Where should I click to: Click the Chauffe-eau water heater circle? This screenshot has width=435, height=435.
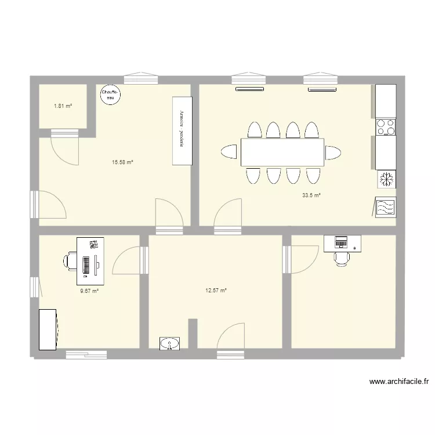[x=110, y=95]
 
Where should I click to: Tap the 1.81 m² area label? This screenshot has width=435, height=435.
[x=63, y=106]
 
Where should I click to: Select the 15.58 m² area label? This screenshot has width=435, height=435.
[x=122, y=162]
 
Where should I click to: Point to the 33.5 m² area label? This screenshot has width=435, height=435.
[x=311, y=195]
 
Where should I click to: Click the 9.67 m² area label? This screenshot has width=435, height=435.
[x=89, y=291]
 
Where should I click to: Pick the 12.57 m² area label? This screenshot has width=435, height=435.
[x=216, y=291]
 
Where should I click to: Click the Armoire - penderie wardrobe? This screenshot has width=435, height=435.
[x=182, y=131]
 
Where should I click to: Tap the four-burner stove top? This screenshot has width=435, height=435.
[x=386, y=127]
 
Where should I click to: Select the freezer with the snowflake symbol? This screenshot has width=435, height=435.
[x=386, y=179]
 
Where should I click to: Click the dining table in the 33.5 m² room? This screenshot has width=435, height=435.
[x=282, y=153]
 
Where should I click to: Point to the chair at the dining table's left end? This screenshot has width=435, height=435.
[x=229, y=152]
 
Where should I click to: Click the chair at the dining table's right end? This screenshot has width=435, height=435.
[x=333, y=153]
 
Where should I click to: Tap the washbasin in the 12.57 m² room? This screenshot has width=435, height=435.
[x=169, y=343]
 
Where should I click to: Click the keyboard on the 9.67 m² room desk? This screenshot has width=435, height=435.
[x=86, y=265]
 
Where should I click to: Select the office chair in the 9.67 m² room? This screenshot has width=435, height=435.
[x=70, y=261]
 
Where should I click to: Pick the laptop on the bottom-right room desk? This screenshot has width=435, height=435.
[x=341, y=242]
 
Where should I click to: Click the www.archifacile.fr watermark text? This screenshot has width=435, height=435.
[x=399, y=382]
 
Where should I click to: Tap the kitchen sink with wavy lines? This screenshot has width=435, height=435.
[x=386, y=207]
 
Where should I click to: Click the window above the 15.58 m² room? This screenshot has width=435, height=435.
[x=141, y=78]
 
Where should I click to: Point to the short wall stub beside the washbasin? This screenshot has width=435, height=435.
[x=193, y=333]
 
